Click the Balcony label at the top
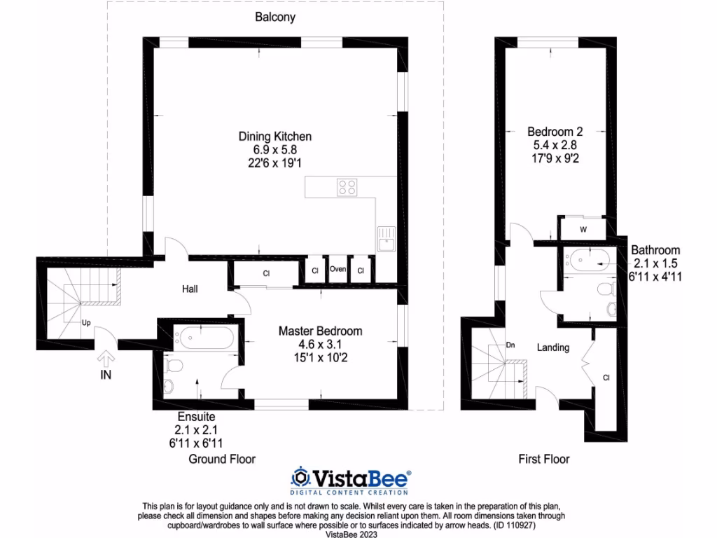coord(274,18)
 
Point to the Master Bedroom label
coord(320,331)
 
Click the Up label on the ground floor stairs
coord(87,324)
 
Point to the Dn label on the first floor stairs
coord(510,345)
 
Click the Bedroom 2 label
coord(555,131)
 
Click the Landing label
coord(552,347)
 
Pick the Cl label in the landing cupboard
coord(606,378)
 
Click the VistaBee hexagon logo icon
coord(300,478)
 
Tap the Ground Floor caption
coord(222,459)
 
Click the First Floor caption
coord(543,459)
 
